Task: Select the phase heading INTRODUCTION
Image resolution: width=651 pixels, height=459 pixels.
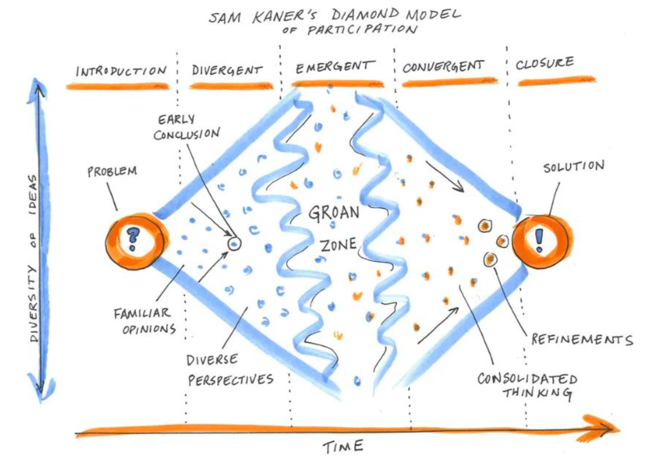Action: [121, 71]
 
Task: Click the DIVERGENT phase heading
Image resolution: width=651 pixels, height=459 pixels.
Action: [227, 70]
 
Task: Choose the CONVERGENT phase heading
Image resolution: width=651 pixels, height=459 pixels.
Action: [443, 67]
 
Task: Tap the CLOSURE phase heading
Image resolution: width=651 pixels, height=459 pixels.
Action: [545, 63]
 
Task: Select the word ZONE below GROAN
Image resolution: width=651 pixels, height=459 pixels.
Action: [339, 245]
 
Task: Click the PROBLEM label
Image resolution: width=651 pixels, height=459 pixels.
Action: [112, 171]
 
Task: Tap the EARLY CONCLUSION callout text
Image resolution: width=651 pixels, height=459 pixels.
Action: [186, 127]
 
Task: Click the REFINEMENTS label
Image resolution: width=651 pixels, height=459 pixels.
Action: [582, 340]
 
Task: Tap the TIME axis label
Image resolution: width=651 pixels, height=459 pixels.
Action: [343, 446]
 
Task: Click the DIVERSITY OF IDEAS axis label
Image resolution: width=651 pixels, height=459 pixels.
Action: [34, 257]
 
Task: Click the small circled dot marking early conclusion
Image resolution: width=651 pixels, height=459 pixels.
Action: [234, 243]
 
